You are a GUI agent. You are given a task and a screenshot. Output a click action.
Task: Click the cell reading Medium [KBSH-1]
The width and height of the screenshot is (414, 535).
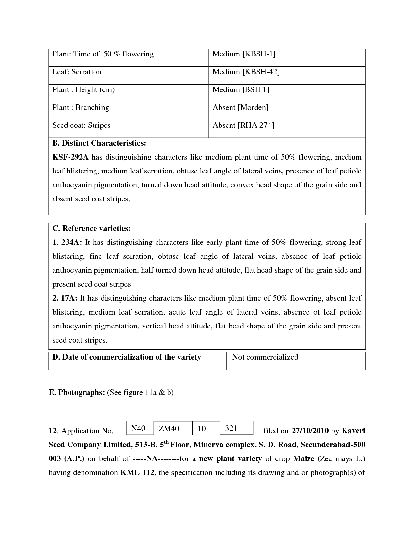(244, 54)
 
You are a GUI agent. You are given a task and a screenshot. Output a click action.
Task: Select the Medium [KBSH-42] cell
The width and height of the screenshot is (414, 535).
(246, 72)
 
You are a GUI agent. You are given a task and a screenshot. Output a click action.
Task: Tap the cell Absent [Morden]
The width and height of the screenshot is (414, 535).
(240, 108)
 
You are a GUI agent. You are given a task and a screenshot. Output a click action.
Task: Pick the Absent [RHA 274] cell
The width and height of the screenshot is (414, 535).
(243, 125)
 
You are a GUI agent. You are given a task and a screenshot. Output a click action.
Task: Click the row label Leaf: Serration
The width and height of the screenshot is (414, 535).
(77, 72)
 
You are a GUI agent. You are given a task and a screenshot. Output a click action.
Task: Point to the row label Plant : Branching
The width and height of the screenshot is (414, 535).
(81, 108)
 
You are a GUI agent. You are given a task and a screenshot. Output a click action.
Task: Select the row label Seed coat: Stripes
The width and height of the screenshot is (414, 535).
(81, 125)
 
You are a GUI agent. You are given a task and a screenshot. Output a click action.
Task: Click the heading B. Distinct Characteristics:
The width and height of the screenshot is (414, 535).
(99, 143)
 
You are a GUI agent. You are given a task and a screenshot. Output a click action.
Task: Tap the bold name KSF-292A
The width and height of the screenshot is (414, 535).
(70, 157)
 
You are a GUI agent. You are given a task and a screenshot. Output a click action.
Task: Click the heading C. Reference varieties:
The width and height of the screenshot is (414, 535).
(92, 228)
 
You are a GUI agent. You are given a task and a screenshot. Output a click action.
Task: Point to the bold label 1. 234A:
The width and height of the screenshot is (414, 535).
(67, 243)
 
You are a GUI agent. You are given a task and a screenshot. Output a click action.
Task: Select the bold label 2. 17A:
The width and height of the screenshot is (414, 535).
(65, 298)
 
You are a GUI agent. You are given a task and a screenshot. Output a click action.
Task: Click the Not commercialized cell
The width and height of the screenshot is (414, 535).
(265, 357)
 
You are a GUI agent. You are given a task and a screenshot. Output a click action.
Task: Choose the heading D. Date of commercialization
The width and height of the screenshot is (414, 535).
(127, 357)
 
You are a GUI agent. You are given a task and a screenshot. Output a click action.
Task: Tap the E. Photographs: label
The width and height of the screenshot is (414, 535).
(77, 393)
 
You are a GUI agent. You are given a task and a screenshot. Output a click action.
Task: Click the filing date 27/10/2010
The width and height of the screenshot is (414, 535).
(310, 431)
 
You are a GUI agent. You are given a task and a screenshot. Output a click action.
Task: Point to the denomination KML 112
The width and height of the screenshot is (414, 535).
(138, 472)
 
